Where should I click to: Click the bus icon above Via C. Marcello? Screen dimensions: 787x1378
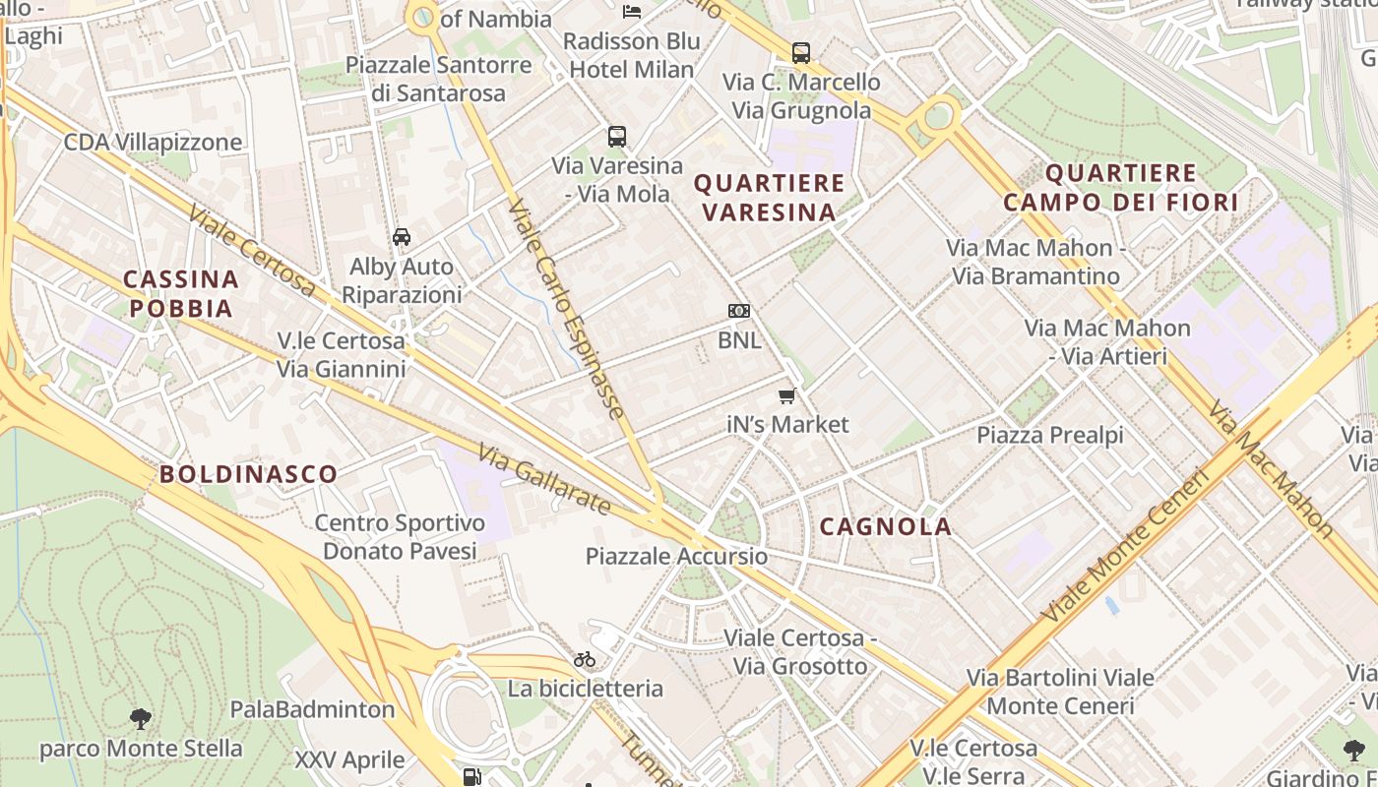(801, 53)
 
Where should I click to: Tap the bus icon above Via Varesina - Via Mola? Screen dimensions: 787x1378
(617, 137)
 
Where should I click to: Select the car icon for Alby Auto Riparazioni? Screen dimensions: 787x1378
(402, 237)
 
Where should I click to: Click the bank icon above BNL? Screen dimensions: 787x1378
(739, 311)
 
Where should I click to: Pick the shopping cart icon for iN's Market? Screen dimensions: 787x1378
(786, 395)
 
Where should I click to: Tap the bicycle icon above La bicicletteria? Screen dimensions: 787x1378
(585, 659)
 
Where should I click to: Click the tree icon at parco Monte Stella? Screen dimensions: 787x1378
(141, 719)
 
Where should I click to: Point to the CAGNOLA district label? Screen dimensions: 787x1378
(886, 526)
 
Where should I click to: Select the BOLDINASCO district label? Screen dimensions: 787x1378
(249, 474)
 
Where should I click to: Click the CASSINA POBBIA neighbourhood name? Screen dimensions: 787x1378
(181, 294)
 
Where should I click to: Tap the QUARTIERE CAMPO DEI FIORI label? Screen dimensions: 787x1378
(1120, 188)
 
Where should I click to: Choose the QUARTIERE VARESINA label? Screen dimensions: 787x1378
(769, 197)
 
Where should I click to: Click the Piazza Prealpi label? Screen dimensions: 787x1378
(1049, 435)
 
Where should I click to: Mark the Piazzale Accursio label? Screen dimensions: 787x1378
(676, 556)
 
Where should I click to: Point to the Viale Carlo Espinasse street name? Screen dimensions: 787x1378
(567, 310)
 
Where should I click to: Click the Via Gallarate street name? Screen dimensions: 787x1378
(544, 479)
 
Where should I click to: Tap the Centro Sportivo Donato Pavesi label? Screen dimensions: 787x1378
(400, 537)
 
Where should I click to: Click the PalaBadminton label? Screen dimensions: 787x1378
(312, 709)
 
